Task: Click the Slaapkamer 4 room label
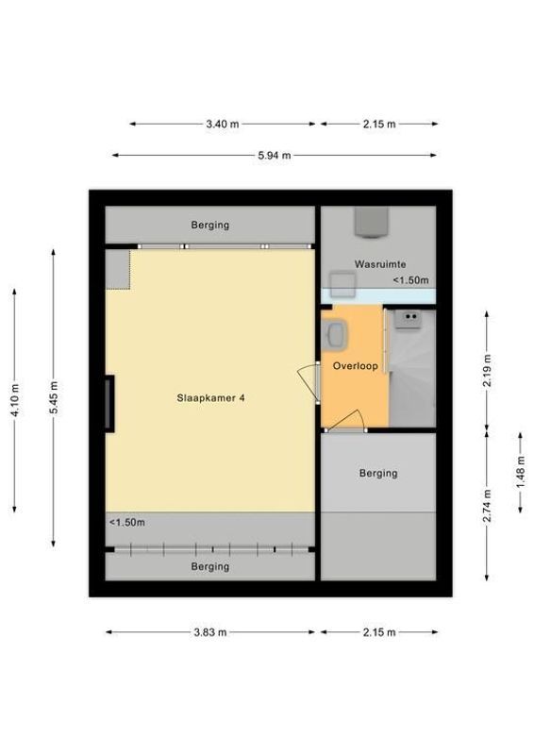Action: point(211,398)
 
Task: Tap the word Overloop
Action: point(355,365)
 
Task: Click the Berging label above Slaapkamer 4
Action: point(209,226)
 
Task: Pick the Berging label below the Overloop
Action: point(377,473)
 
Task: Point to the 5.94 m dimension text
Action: point(274,156)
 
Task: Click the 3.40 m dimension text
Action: point(222,124)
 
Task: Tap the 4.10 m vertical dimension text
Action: point(14,400)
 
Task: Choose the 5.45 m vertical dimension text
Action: point(54,397)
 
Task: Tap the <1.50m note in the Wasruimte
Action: point(410,280)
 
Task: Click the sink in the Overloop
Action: point(335,332)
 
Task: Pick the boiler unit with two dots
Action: point(409,321)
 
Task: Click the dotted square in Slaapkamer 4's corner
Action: point(117,269)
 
